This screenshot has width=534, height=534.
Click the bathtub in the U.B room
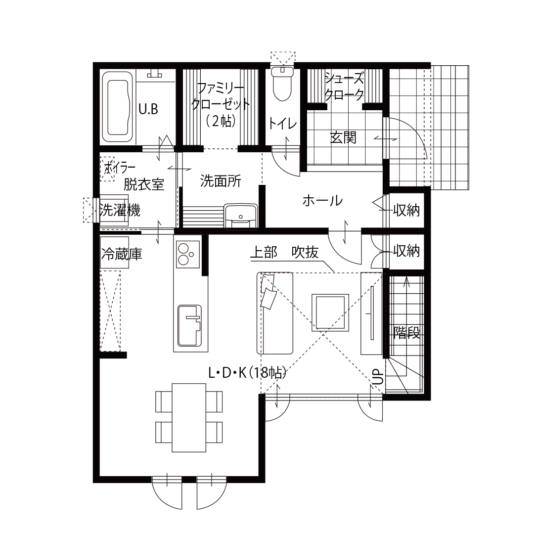[x=118, y=106]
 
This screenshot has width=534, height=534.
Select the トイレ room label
[x=282, y=124]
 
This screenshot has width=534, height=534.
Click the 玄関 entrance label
[x=343, y=137]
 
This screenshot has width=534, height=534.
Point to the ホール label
[x=322, y=201]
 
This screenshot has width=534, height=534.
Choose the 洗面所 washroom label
[x=221, y=181]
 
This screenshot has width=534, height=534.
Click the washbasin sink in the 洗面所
[x=240, y=217]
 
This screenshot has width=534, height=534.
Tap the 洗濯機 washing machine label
[x=120, y=211]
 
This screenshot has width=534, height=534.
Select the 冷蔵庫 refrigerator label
[x=122, y=255]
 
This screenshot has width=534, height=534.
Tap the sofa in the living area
[x=275, y=313]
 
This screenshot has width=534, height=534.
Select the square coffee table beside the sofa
[x=330, y=312]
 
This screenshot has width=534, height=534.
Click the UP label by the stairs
[x=377, y=377]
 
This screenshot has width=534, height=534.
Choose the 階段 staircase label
[x=407, y=333]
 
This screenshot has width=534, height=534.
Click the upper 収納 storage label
[x=406, y=211]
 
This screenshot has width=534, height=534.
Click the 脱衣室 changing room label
[x=143, y=184]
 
